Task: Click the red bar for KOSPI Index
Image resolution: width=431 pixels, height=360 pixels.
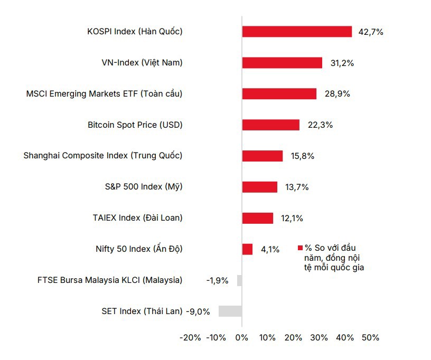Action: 297,32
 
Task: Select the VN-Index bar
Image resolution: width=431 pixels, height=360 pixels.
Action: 282,63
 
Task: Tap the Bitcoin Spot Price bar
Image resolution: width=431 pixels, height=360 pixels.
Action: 271,125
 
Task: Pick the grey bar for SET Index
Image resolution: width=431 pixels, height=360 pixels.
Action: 230,311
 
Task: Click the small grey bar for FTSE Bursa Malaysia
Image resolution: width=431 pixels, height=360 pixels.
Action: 239,280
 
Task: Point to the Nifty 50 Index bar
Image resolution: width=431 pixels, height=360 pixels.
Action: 247,249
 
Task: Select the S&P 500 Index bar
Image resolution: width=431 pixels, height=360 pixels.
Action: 260,187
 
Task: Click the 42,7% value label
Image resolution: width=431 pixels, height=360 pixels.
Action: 371,32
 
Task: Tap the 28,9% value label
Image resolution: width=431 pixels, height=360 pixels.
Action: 338,94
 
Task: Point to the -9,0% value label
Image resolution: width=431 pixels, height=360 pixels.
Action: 198,311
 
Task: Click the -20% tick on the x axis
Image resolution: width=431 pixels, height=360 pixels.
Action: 190,338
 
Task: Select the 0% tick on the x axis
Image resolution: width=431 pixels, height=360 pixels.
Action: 242,338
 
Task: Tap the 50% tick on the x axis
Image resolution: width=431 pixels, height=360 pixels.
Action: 370,338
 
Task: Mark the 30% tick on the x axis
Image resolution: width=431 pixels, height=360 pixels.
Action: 319,338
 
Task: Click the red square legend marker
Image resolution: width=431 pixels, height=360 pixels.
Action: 300,248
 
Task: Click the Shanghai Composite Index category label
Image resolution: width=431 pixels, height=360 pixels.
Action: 103,156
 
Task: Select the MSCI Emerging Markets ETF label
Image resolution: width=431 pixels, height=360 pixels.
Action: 104,94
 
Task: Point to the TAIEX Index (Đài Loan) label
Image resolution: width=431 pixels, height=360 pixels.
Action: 137,218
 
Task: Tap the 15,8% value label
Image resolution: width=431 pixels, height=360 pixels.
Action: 303,156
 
